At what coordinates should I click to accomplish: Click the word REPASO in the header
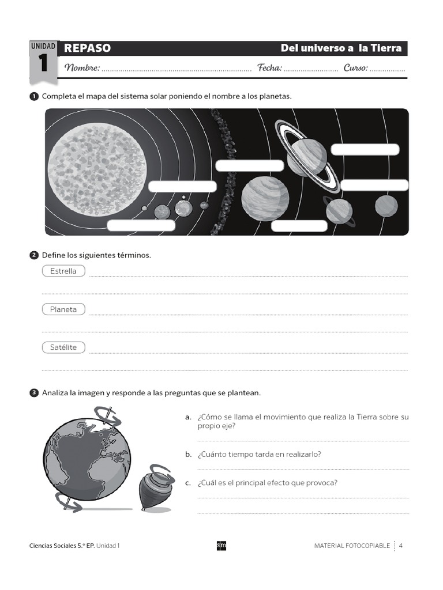tap(88, 48)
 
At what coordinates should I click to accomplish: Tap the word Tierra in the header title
tap(387, 48)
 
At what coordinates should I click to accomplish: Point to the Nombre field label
tap(82, 68)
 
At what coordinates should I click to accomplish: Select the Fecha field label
tap(269, 68)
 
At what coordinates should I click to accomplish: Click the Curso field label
tap(355, 68)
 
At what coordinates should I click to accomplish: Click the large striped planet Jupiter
tap(265, 198)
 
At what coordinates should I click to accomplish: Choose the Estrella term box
tap(63, 271)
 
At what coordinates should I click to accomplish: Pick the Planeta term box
tap(63, 309)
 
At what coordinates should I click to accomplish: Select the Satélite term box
tap(63, 347)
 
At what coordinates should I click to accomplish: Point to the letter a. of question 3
tap(188, 417)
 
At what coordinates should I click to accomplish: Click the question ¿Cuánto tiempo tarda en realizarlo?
tap(259, 454)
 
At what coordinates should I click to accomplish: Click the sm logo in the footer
tap(221, 545)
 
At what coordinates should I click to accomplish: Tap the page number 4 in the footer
tap(400, 545)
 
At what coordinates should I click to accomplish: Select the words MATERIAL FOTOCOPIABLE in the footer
tap(352, 545)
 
